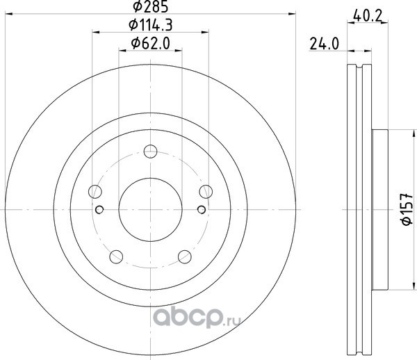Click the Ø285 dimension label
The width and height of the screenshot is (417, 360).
pos(151,6)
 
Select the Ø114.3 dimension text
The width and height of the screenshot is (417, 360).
pos(151,25)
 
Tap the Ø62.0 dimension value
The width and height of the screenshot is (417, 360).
pos(151,43)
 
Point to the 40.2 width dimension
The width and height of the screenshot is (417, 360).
pos(368,17)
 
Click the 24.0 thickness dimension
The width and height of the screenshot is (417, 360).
pos(325,44)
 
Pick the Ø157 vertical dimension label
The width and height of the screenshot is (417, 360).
pos(407,209)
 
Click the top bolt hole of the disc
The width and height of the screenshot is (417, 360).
pos(151,152)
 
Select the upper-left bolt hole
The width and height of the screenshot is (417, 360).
pos(95,192)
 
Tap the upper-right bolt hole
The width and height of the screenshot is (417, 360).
pos(206,192)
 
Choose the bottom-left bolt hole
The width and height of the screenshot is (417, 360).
pos(116,257)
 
